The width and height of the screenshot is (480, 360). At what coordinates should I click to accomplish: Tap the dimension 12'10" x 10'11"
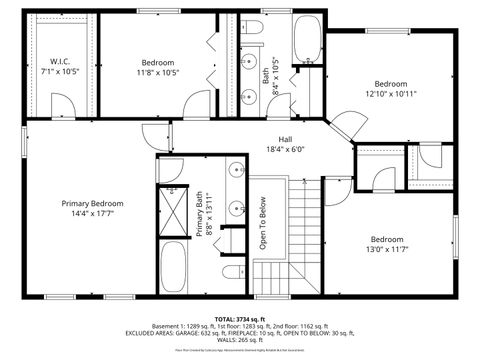391,94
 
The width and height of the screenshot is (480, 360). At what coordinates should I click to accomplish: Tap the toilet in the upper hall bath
252,30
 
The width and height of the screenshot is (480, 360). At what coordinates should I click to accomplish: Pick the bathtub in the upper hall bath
306,40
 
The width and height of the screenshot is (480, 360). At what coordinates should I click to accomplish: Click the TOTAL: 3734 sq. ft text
240,318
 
